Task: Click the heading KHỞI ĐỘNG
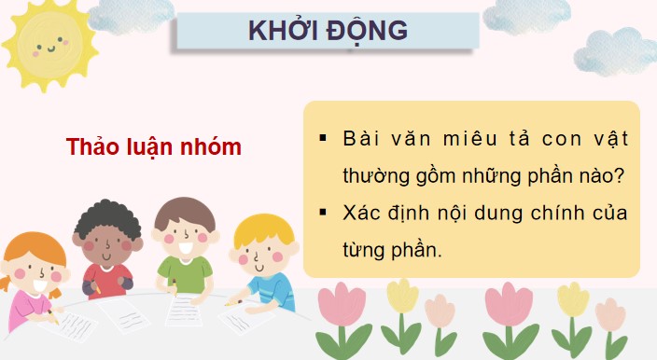327,30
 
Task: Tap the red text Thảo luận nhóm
154,146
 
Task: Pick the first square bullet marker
323,139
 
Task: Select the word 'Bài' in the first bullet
362,140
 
